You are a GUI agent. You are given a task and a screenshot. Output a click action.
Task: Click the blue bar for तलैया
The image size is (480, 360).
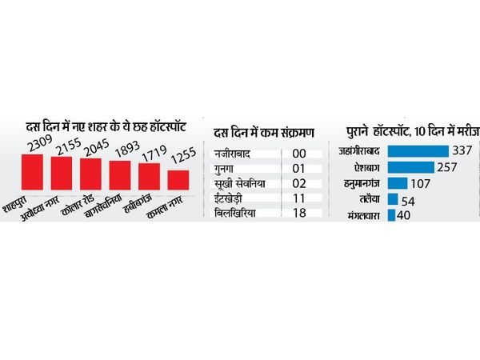pyautogui.click(x=393, y=199)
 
